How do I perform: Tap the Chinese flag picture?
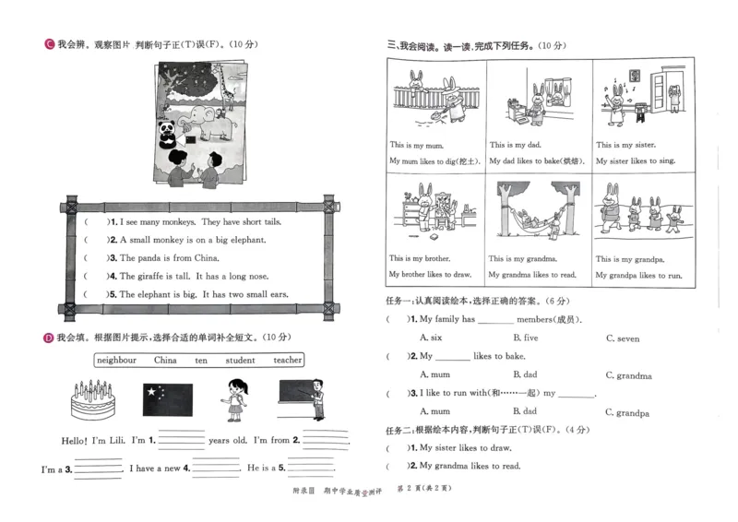coord(167,400)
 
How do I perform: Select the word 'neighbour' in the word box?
coord(116,360)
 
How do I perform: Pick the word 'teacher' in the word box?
coord(288,360)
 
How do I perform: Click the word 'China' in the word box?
coord(165,360)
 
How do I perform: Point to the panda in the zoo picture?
coord(168,134)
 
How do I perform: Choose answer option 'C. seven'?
coord(623,338)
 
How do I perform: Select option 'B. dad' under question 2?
coord(524,375)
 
